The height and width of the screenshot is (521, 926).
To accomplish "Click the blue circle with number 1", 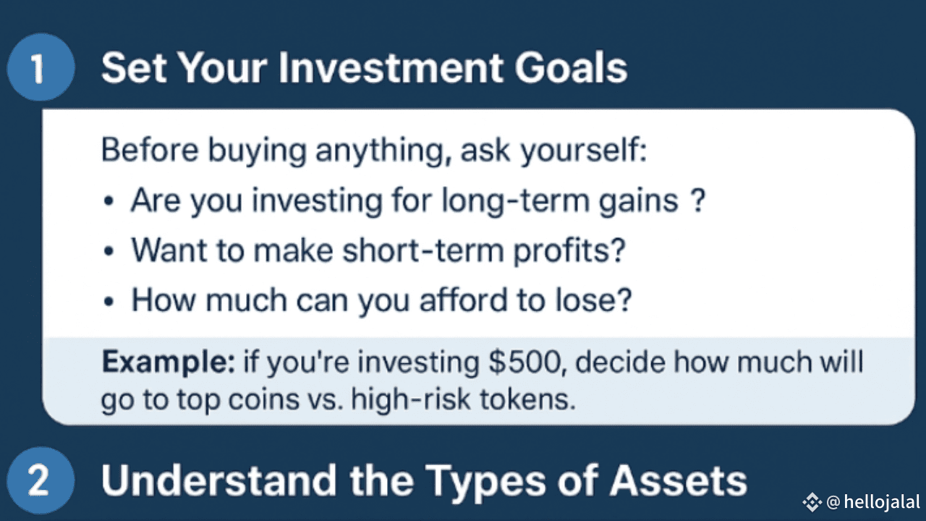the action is [41, 67].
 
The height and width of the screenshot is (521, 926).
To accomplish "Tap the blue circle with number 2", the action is [41, 480].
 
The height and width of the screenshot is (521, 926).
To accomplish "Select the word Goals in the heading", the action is [571, 68].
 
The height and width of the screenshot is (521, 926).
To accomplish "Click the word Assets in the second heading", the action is [679, 480].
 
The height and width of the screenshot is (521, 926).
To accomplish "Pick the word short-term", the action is [423, 250].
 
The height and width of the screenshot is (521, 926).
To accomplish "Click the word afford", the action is [464, 300].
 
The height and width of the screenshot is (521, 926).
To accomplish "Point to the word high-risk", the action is [410, 399].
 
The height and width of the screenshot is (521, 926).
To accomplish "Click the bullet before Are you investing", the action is [109, 201].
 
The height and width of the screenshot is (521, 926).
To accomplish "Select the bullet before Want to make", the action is [109, 251].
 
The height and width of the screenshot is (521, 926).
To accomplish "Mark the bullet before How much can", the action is [109, 301].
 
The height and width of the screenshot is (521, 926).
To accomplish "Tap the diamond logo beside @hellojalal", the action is [812, 502].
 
